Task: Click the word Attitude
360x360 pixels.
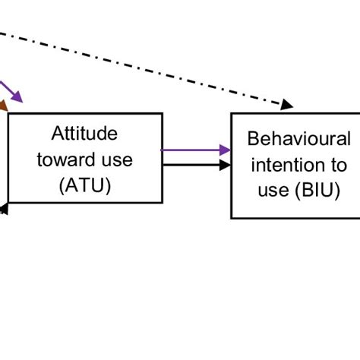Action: pos(84,134)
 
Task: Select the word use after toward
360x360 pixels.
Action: pos(117,159)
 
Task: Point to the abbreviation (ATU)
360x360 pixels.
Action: pos(84,185)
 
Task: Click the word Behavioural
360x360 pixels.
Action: pos(299,139)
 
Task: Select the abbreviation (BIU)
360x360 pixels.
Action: pos(316,191)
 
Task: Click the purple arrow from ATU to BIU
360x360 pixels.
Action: pos(190,150)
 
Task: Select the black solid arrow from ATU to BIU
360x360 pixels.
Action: pos(190,164)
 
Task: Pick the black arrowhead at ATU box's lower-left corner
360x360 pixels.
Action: pos(4,206)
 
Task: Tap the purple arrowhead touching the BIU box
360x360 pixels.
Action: pos(225,150)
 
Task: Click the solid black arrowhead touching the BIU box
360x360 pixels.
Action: pos(225,164)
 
